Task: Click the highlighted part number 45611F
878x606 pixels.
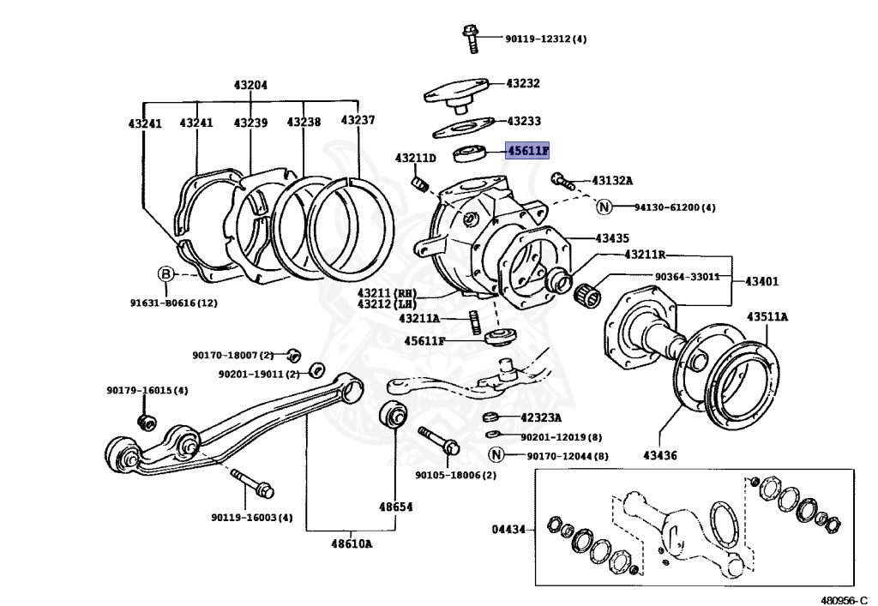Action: click(x=527, y=151)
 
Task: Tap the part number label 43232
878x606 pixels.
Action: click(x=522, y=83)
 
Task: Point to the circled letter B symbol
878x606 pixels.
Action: click(x=165, y=274)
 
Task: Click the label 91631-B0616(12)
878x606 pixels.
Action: click(x=174, y=302)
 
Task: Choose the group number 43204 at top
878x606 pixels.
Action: click(x=250, y=85)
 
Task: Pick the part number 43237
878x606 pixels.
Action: click(x=358, y=120)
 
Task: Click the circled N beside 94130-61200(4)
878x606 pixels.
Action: click(x=604, y=207)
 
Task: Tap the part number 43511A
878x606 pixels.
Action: click(x=767, y=316)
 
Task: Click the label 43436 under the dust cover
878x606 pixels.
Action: click(x=659, y=455)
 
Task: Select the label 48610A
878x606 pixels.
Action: click(x=352, y=543)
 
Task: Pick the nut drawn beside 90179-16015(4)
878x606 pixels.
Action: click(x=147, y=420)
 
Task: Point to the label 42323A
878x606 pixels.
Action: click(x=541, y=418)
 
